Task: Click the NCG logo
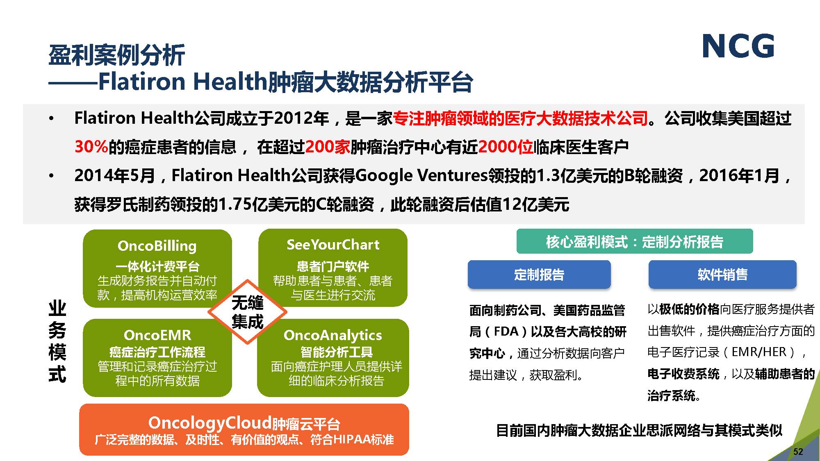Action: pos(738,46)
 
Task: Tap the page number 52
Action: pos(798,452)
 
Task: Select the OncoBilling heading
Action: pos(157,246)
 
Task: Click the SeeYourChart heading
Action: pos(333,245)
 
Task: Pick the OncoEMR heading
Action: pos(157,335)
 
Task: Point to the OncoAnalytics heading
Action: pos(333,335)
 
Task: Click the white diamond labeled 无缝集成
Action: pos(247,312)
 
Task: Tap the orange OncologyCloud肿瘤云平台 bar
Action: pos(244,429)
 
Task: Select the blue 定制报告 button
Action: pos(539,274)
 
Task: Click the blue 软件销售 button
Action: pos(722,274)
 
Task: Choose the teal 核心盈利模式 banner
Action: pos(635,241)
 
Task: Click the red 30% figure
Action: pos(91,147)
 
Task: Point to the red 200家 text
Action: pos(328,147)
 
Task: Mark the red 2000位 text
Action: pos(506,147)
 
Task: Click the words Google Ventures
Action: pos(421,176)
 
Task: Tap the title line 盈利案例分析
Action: pos(117,55)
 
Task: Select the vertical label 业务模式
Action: pos(57,341)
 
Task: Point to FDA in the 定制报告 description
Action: pos(506,331)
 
